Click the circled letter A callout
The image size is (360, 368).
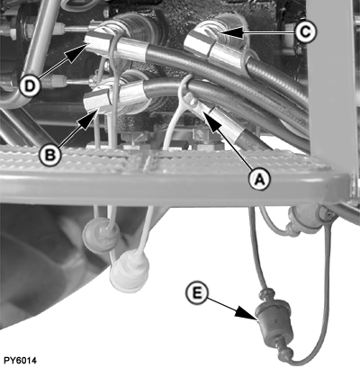[259, 179]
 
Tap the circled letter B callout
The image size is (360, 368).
[50, 155]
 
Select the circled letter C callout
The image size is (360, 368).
[305, 31]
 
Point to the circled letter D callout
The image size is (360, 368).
[30, 86]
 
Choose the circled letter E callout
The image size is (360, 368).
[197, 292]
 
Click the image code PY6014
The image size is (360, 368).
[20, 360]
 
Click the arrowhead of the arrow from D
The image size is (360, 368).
[76, 51]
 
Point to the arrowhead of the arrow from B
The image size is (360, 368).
[87, 118]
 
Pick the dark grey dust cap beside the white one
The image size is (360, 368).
[101, 234]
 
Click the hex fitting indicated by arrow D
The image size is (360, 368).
[98, 42]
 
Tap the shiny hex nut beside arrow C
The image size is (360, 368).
[198, 44]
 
